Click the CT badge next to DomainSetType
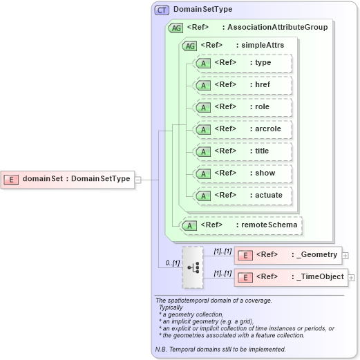point(162,10)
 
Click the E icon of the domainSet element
point(11,179)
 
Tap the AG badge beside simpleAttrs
point(189,45)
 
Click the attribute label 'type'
point(263,63)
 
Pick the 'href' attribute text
point(263,85)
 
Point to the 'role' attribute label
point(262,107)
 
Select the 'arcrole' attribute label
point(267,129)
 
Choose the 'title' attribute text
point(262,151)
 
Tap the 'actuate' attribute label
point(269,196)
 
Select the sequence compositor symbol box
point(193,267)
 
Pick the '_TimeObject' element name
point(321,277)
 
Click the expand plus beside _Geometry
point(345,256)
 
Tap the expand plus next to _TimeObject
point(352,278)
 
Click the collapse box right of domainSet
point(138,180)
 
